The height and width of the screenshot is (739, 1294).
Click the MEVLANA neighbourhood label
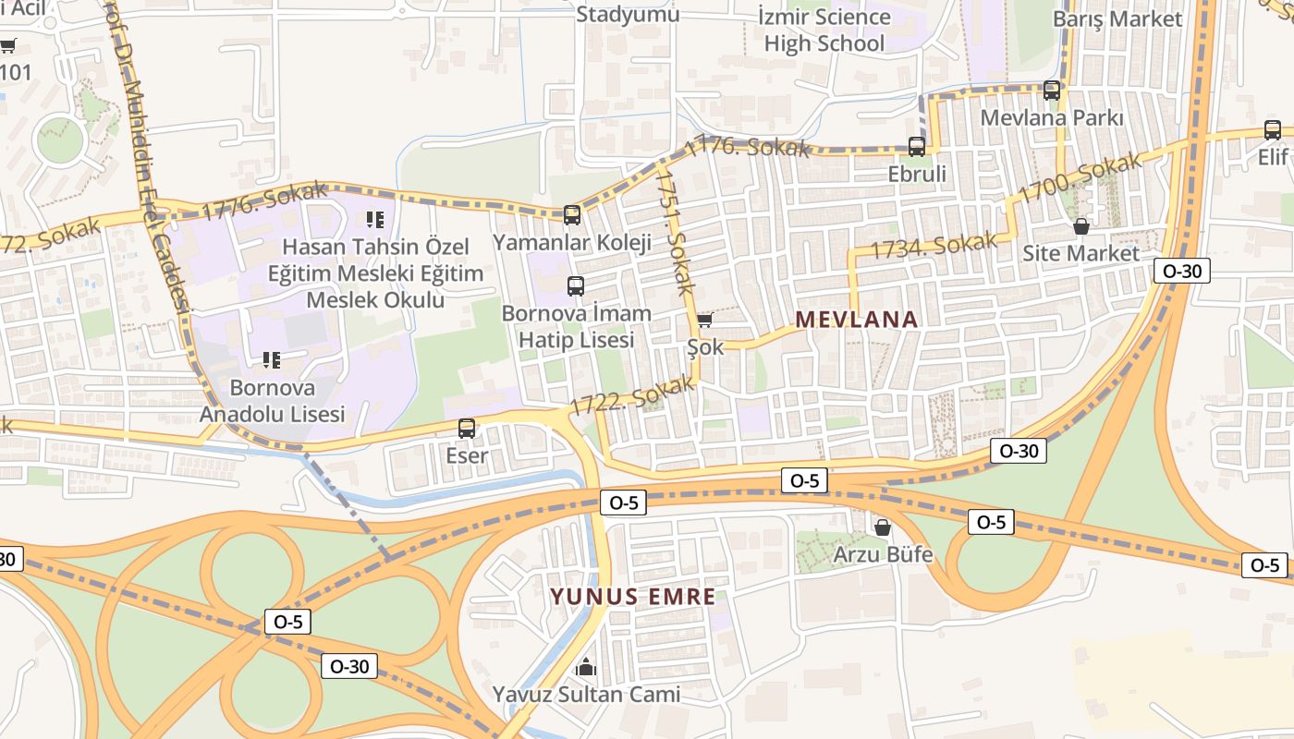coord(857,320)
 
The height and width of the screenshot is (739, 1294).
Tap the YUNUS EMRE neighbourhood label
coord(633,597)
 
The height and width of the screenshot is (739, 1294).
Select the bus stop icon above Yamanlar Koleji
coord(572,215)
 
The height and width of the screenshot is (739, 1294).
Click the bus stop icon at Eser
coord(467,429)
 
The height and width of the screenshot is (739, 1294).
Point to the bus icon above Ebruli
coord(916,147)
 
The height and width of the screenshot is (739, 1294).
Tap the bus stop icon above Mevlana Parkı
coord(1051,91)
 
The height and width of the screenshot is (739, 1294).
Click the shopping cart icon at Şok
coord(704,321)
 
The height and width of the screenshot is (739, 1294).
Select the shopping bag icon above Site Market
coord(1080,226)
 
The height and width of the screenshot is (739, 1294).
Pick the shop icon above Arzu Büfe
coord(883,527)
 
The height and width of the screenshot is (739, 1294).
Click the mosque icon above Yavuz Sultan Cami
coord(586,667)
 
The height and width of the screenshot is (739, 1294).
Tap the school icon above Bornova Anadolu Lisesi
coord(271,359)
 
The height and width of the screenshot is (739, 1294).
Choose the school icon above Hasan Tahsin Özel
coord(374,219)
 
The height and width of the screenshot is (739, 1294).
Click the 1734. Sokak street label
coord(934,246)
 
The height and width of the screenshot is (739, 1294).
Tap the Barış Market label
coord(1117,19)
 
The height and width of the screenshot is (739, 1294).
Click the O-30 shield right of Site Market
coord(1181,271)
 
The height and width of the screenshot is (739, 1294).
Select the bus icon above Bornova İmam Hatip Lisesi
coord(575,286)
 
